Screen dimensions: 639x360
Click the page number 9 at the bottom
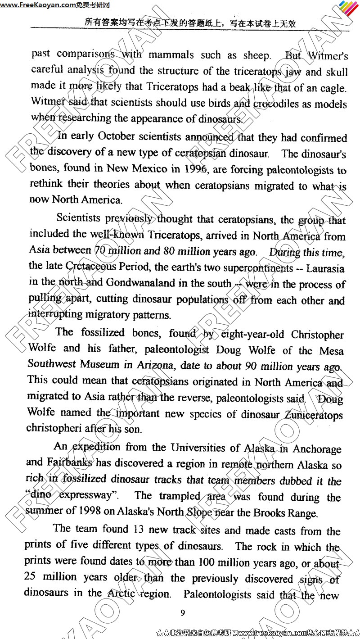(x=182, y=612)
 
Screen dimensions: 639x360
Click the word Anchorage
(x=317, y=449)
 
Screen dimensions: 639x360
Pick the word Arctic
(x=121, y=593)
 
